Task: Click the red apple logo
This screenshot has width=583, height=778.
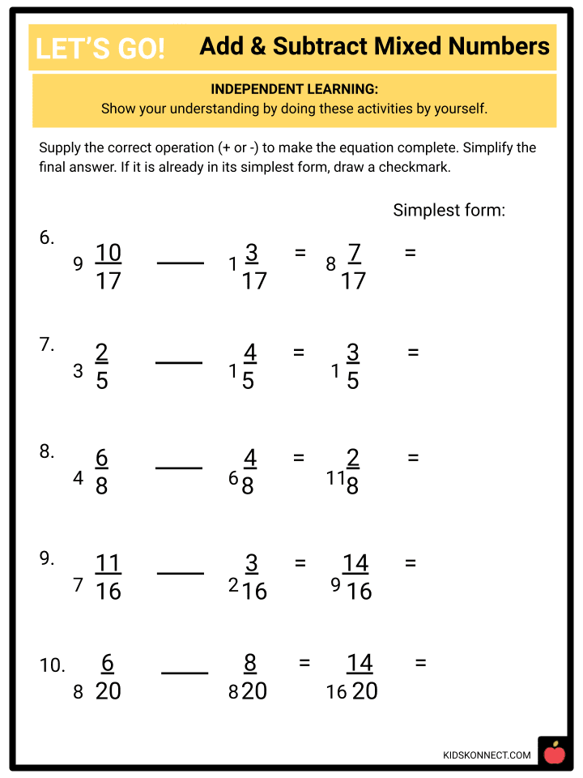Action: pos(554,753)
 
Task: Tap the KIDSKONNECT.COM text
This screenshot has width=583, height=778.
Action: pos(487,755)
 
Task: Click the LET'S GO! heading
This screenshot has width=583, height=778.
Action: pos(100,49)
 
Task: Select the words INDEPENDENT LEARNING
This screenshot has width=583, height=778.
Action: pos(294,89)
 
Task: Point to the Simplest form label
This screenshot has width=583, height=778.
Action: pos(449,210)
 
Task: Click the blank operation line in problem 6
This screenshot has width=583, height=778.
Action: pos(180,263)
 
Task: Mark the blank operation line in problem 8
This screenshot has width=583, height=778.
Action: pos(178,468)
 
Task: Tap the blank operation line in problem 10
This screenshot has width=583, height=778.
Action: pos(185,673)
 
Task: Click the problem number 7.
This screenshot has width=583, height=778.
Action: pos(47,344)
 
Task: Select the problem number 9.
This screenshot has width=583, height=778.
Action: pos(47,558)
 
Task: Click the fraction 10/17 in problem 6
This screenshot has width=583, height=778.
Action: pos(108,267)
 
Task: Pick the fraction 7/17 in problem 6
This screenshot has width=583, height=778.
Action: pos(353,267)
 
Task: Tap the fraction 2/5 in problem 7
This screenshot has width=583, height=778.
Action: pos(101,367)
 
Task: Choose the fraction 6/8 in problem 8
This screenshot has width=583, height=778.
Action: pos(101,472)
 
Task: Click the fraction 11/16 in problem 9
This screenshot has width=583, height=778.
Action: pos(108,576)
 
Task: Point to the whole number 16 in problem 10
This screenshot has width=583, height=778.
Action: pos(336,692)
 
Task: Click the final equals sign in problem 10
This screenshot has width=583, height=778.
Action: pos(420,663)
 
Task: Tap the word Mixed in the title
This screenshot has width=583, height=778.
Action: pos(424,47)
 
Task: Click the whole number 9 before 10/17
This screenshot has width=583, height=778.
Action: pos(78,264)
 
